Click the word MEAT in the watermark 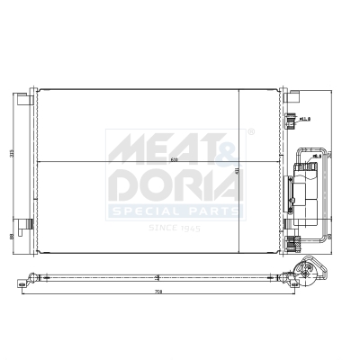[149, 146]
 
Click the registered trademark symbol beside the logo [250, 131]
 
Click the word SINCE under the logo [162, 228]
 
